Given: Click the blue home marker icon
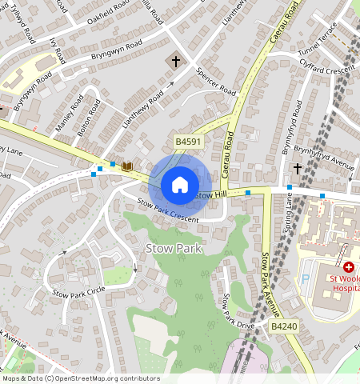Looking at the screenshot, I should (x=180, y=185).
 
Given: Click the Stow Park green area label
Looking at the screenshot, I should (x=174, y=248).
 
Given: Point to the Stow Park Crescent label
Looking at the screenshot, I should (x=167, y=210).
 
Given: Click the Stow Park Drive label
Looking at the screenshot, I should (x=238, y=312).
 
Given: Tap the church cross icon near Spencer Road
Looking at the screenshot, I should (x=175, y=61).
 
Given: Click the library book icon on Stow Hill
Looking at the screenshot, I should (x=126, y=166).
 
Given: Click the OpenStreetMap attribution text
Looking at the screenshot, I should (x=81, y=378).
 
